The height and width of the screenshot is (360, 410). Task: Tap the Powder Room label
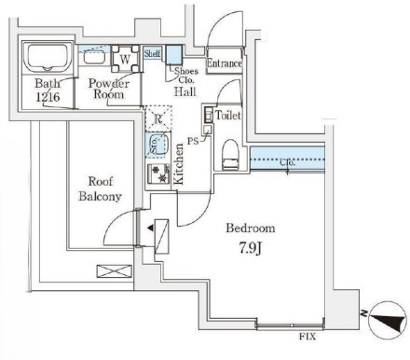(108, 90)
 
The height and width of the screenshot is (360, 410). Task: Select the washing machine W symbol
(124, 57)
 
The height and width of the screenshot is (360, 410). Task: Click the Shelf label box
(153, 54)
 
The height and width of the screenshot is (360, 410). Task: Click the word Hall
(184, 92)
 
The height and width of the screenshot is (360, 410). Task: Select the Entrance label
(225, 63)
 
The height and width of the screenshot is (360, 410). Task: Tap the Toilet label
(227, 115)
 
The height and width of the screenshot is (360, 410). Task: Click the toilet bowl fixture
(229, 152)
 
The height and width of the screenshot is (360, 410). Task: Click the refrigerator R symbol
(158, 119)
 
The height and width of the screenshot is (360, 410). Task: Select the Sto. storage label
(155, 145)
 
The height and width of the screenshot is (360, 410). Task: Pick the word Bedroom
(250, 228)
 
